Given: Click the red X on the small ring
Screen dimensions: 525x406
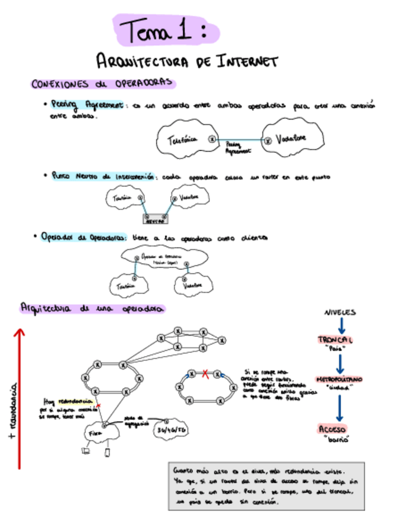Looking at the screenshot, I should click(x=205, y=373).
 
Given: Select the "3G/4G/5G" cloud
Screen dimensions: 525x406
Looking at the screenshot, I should click(x=172, y=430).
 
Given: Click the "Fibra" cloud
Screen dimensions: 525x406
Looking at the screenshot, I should click(x=97, y=434).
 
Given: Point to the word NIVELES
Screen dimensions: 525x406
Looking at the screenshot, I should click(x=340, y=312).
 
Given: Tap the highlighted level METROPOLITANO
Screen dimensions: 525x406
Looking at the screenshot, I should click(x=339, y=378).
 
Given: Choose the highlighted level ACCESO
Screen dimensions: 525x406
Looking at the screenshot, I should click(x=332, y=429).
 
